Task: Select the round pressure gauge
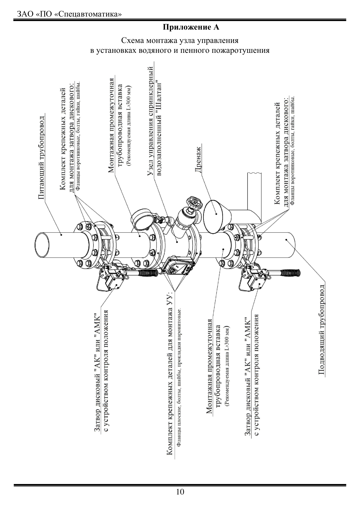(141, 220)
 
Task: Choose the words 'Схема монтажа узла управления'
(180, 40)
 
